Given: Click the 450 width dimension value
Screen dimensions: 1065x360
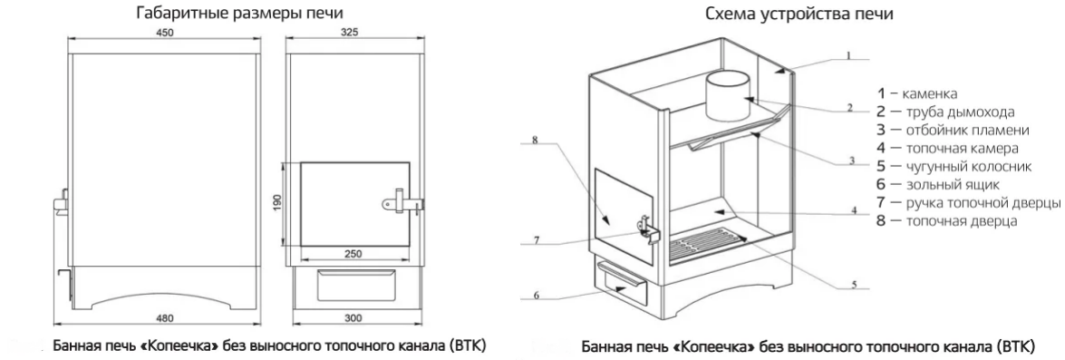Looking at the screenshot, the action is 165,33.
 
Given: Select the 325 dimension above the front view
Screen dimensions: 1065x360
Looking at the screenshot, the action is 350,33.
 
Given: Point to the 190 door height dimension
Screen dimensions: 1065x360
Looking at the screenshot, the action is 276,204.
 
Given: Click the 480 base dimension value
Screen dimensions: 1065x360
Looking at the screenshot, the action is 165,318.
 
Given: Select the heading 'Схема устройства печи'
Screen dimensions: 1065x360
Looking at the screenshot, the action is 799,13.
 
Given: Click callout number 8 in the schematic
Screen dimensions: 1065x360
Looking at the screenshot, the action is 535,141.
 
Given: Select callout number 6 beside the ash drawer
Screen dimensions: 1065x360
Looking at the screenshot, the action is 536,295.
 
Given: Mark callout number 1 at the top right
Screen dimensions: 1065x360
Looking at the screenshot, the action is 847,55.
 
